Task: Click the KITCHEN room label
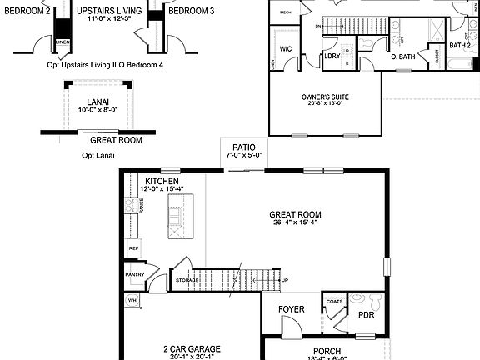pyautogui.click(x=162, y=181)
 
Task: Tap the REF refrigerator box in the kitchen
pyautogui.click(x=133, y=248)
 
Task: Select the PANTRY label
pyautogui.click(x=135, y=274)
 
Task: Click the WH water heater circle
pyautogui.click(x=132, y=300)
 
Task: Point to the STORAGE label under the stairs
pyautogui.click(x=187, y=281)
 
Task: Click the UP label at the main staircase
pyautogui.click(x=284, y=281)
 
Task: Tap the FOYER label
pyautogui.click(x=292, y=309)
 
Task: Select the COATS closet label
pyautogui.click(x=335, y=302)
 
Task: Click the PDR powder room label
pyautogui.click(x=366, y=315)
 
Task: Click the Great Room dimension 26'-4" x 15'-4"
pyautogui.click(x=296, y=222)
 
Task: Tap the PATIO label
pyautogui.click(x=244, y=147)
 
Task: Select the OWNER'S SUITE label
pyautogui.click(x=325, y=97)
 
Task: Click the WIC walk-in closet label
pyautogui.click(x=285, y=49)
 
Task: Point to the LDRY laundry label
pyautogui.click(x=332, y=56)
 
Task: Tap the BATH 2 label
pyautogui.click(x=460, y=46)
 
